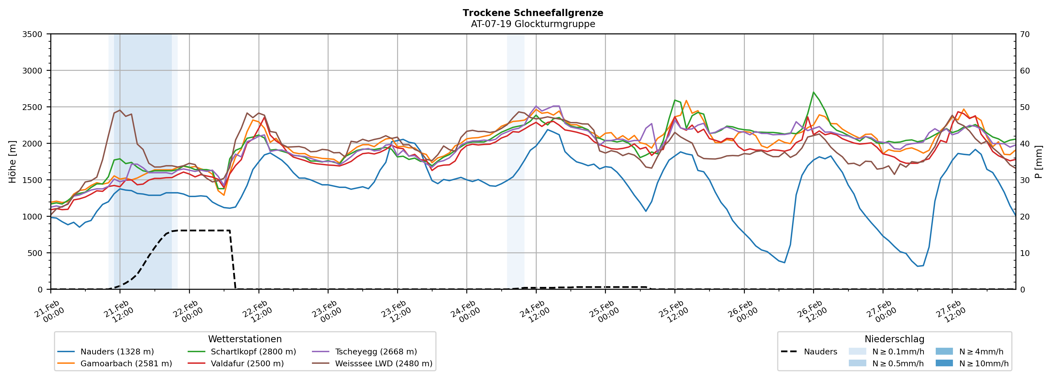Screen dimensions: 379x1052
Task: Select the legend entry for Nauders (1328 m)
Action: pyautogui.click(x=117, y=352)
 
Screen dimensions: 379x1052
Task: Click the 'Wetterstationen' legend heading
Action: pyautogui.click(x=245, y=339)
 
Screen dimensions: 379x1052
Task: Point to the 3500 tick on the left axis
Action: pyautogui.click(x=32, y=34)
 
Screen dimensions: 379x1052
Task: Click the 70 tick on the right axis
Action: pyautogui.click(x=1025, y=34)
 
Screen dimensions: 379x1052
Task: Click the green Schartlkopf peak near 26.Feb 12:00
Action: pyautogui.click(x=813, y=92)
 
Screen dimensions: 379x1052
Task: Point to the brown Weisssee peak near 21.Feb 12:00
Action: pyautogui.click(x=119, y=110)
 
